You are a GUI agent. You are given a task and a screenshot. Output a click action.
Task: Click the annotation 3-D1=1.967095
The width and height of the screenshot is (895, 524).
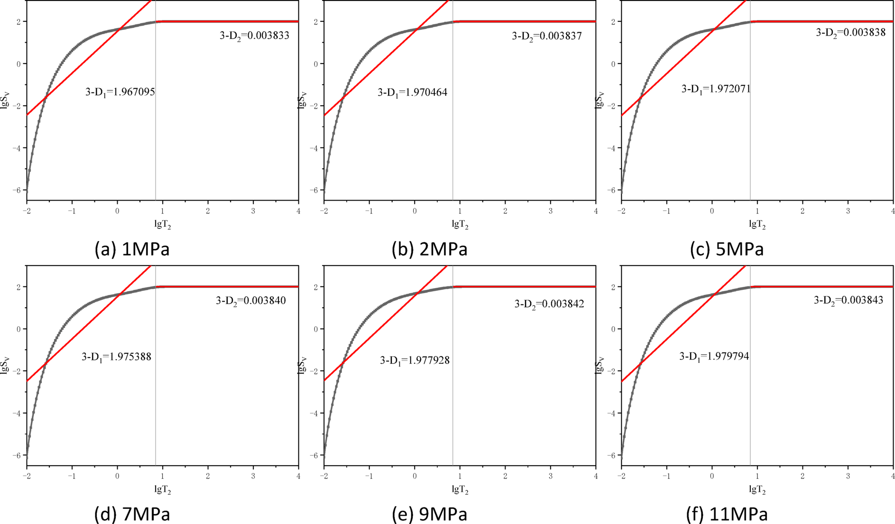(120, 92)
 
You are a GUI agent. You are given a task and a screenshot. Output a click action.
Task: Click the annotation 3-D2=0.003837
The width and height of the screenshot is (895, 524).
(546, 36)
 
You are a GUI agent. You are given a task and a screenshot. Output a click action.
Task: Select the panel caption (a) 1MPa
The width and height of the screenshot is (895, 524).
(132, 249)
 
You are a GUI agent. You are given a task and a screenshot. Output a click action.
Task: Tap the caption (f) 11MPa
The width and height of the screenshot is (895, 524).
(727, 514)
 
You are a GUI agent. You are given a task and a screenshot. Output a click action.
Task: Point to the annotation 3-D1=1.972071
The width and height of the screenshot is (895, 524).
(716, 89)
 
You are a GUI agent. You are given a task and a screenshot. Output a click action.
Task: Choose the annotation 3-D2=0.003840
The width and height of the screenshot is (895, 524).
(250, 301)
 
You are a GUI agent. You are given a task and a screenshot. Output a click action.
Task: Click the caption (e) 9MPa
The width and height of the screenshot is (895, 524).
(429, 514)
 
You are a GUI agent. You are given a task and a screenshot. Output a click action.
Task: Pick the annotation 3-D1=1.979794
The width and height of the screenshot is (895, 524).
(714, 356)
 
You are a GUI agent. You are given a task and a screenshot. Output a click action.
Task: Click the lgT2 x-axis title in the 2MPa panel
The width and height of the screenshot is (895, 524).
(460, 224)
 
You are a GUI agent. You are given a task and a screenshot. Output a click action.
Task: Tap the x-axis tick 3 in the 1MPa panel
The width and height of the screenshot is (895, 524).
(253, 211)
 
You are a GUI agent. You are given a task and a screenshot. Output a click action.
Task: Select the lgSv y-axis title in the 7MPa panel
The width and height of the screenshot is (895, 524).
(5, 365)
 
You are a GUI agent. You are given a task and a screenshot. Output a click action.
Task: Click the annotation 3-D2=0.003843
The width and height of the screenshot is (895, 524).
(849, 300)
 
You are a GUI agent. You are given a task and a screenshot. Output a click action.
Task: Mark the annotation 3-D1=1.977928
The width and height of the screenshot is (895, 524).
(415, 360)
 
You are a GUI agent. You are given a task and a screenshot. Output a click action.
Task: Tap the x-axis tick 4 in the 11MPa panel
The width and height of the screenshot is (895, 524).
(893, 476)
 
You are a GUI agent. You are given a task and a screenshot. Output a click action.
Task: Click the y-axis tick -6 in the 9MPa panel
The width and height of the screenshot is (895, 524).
(314, 455)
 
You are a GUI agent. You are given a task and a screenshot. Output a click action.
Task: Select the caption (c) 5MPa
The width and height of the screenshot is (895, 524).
(727, 249)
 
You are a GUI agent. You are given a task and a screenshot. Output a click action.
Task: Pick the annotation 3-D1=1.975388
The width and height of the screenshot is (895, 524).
(116, 357)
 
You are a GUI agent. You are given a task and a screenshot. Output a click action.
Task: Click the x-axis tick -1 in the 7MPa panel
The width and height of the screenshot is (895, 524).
(72, 476)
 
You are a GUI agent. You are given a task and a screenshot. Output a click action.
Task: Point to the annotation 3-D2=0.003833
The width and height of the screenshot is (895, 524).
(254, 36)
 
